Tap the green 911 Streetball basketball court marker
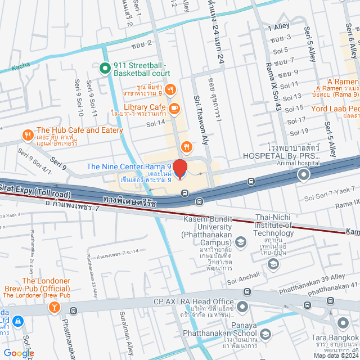(104, 69)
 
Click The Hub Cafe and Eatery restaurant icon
(28, 134)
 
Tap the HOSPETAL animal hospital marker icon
(304, 175)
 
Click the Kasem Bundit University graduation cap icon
(241, 242)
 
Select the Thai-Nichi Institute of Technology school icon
(273, 264)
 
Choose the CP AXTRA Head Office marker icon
(242, 307)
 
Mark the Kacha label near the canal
(21, 66)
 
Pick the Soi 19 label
(298, 132)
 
